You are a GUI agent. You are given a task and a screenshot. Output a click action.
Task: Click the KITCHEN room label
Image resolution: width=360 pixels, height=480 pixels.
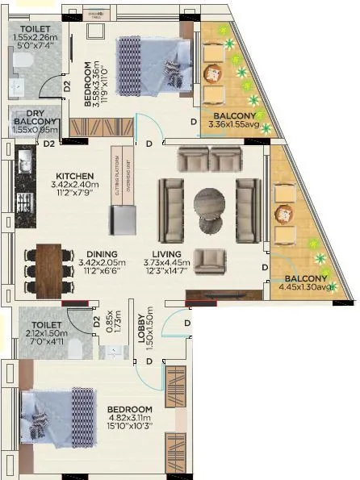75,176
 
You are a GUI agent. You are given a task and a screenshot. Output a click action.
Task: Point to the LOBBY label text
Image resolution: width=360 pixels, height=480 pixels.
140,328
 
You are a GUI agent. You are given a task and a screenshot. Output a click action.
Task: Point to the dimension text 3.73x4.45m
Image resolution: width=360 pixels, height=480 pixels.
166,262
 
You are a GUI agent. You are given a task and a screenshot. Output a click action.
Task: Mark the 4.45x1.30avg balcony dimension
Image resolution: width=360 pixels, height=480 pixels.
306,286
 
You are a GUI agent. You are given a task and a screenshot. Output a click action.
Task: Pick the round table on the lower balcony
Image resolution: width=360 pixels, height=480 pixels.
283,215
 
